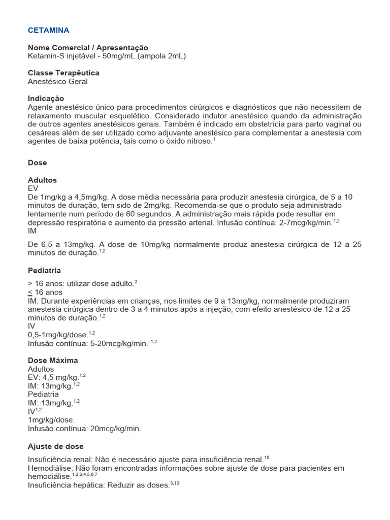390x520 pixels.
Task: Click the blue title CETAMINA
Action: click(x=48, y=30)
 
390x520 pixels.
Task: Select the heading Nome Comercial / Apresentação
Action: click(x=88, y=47)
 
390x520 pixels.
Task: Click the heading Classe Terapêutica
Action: click(x=63, y=73)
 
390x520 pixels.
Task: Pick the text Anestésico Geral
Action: click(x=58, y=81)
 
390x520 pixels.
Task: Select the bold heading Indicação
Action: click(x=46, y=98)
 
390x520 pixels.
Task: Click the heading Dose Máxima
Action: click(x=53, y=360)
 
